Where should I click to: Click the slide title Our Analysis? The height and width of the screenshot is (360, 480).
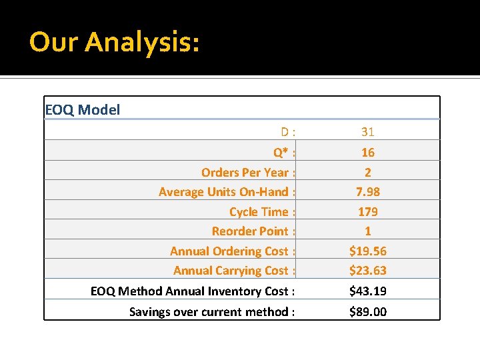point(114,42)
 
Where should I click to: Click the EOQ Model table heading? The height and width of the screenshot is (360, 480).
point(82,109)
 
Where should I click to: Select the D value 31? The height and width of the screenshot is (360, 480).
point(368,132)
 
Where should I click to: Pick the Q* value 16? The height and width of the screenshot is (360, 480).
point(368,153)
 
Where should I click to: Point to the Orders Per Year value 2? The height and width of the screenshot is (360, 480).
point(368,173)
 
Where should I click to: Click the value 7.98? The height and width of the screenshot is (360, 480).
point(368,192)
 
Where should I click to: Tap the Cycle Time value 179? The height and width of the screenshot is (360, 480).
point(368,212)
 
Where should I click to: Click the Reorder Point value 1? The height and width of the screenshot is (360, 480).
point(368,231)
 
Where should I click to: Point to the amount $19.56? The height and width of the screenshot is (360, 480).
point(368,251)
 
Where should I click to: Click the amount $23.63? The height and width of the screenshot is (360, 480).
point(368,271)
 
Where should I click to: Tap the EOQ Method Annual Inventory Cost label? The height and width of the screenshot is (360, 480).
point(193,291)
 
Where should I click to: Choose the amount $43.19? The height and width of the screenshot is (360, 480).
point(368,291)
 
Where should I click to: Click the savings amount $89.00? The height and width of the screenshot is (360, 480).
point(368,312)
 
